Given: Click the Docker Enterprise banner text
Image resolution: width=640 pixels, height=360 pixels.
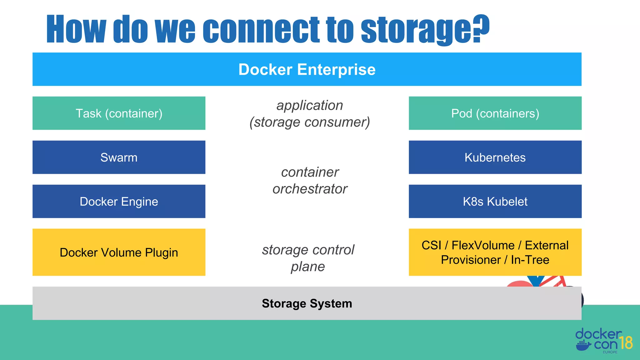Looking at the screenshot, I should coord(307,69).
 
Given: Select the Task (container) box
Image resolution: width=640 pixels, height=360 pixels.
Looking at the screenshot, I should coord(119,113).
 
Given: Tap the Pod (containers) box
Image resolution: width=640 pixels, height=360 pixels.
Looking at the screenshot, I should coord(495,113).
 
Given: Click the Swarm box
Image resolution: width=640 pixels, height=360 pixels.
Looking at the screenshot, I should coord(119,157).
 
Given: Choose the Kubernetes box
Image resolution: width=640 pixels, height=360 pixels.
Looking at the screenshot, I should coord(495,157).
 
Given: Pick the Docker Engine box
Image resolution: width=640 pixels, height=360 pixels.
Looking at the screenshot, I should coord(119,202).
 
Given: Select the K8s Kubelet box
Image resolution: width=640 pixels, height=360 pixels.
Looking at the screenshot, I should coord(495,202).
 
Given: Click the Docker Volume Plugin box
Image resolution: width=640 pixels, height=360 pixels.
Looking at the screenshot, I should coord(119,252).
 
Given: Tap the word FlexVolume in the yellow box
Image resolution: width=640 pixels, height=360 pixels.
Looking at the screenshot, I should coord(483,245).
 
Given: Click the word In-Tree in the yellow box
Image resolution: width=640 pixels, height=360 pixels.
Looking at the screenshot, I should coord(530,260).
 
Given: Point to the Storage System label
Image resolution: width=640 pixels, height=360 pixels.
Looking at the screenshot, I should coord(307,303).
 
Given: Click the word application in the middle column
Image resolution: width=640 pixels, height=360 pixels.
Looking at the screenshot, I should coord(310,105).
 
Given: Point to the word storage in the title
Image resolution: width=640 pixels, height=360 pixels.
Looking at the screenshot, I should coord(416,30).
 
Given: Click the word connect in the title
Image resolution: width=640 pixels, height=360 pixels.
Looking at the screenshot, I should coord(261,30).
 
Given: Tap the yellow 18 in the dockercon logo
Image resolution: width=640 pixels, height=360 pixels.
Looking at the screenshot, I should coord(626,343).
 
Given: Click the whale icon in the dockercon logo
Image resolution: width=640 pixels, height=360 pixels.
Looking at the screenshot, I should coord(583,346).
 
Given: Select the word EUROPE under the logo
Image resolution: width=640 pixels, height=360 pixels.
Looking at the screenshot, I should coord(610,352).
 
